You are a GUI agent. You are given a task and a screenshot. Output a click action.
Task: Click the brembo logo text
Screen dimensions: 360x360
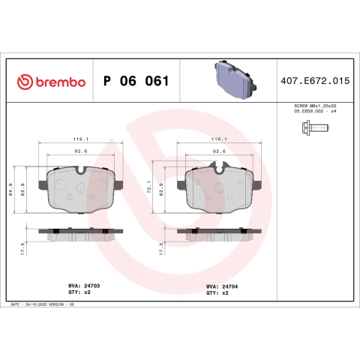click(x=61, y=82)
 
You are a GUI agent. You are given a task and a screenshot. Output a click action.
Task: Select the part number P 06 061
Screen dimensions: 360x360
click(x=136, y=81)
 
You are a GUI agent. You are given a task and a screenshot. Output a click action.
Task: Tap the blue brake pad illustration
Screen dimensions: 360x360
click(x=235, y=79)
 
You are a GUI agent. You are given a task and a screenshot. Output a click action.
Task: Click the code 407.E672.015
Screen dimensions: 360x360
click(x=315, y=81)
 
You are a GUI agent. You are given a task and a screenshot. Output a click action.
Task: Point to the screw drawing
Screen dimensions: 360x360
click(x=315, y=128)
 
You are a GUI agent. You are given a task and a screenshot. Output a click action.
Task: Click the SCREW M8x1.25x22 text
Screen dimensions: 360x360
click(x=315, y=106)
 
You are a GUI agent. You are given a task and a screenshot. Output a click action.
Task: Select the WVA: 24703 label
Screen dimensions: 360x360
click(x=84, y=286)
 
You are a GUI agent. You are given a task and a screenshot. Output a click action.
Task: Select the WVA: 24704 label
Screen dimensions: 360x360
click(x=222, y=286)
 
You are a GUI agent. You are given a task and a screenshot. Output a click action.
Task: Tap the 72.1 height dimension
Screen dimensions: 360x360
click(x=149, y=187)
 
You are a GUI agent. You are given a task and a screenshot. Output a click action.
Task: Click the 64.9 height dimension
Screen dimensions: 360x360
click(x=10, y=189)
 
